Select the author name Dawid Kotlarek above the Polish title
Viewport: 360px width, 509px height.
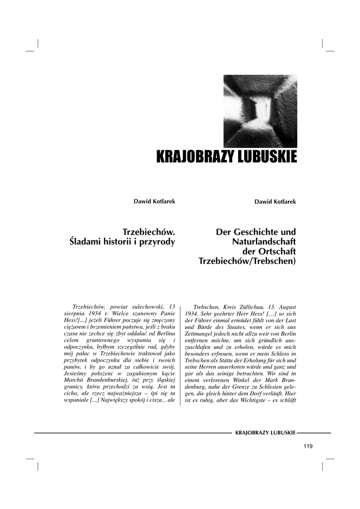click(x=154, y=201)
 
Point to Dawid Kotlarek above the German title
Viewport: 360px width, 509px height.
click(x=275, y=201)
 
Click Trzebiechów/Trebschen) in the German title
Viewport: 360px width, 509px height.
click(x=247, y=261)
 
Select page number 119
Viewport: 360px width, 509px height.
click(x=307, y=446)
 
